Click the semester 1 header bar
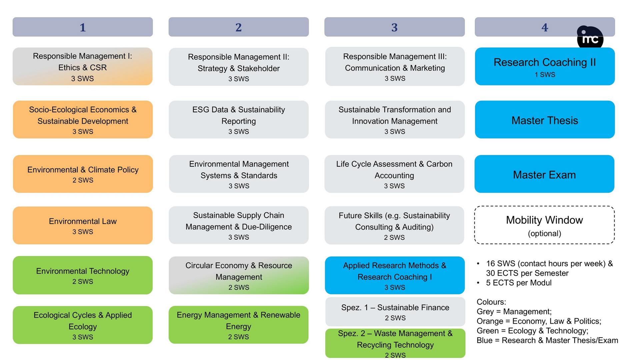pyautogui.click(x=83, y=27)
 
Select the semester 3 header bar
pyautogui.click(x=395, y=27)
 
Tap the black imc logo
pyautogui.click(x=590, y=38)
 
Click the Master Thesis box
pyautogui.click(x=545, y=120)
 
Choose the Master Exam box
pyautogui.click(x=545, y=174)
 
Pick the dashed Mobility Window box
pyautogui.click(x=545, y=225)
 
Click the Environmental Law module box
pyautogui.click(x=83, y=225)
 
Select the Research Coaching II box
pyautogui.click(x=545, y=66)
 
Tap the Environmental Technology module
pyautogui.click(x=83, y=275)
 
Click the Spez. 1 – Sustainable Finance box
pyautogui.click(x=395, y=312)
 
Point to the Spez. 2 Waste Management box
pyautogui.click(x=395, y=343)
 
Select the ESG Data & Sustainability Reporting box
pyautogui.click(x=239, y=120)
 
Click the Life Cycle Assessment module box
pyautogui.click(x=394, y=174)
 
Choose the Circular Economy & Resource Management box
pyautogui.click(x=239, y=275)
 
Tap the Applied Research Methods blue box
pyautogui.click(x=395, y=275)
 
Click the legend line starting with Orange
pyautogui.click(x=539, y=321)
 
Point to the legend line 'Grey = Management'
pyautogui.click(x=514, y=312)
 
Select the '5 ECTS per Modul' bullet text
pyautogui.click(x=519, y=283)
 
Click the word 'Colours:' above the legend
pyautogui.click(x=491, y=302)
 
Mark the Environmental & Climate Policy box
pyautogui.click(x=83, y=174)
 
